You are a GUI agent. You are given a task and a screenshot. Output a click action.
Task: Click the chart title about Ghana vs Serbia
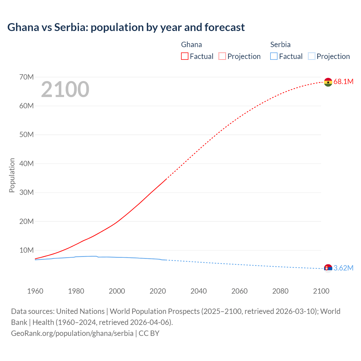coord(126,27)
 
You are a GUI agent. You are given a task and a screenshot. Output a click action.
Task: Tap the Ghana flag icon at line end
coord(328,82)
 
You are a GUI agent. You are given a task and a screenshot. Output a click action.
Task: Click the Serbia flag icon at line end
coord(328,268)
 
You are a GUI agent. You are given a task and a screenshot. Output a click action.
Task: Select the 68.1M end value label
coord(343,82)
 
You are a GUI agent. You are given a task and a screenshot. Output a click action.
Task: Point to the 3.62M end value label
coord(343,268)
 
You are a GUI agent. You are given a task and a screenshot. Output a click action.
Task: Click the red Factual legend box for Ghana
coord(185,56)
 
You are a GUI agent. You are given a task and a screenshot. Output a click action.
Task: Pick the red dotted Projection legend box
coord(222,56)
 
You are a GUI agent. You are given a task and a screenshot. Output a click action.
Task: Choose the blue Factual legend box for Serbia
coord(274,56)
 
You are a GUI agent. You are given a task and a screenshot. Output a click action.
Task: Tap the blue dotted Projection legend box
coord(311,56)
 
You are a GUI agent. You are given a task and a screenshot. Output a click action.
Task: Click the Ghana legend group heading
coord(191,45)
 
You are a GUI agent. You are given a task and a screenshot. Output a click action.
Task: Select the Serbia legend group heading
coord(280,45)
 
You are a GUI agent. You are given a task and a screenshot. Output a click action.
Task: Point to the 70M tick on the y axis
coord(27,77)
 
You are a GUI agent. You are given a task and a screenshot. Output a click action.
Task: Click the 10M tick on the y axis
coord(27,250)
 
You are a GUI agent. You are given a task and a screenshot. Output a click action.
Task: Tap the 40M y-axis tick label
coord(27,164)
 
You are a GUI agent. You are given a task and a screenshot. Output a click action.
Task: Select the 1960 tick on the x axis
coord(35,291)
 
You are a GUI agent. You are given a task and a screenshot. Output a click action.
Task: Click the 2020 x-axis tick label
coord(158,291)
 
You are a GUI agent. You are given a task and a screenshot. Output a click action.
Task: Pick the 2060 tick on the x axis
coord(239,291)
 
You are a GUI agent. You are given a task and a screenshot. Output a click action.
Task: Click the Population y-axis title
coord(12,175)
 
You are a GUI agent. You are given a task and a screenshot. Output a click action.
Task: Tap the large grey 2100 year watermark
coord(65,89)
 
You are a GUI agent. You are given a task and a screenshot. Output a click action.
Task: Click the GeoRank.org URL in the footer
coord(72,333)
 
